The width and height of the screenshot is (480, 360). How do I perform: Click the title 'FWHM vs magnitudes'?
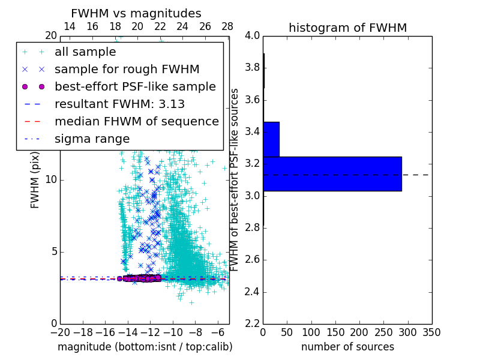[x=136, y=13]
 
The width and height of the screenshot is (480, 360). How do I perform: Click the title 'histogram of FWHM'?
[x=347, y=28]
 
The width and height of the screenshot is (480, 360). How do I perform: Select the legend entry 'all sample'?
[x=85, y=52]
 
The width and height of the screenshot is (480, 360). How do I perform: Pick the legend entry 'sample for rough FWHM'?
[x=127, y=69]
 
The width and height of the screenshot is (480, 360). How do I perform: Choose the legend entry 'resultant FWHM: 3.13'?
[x=119, y=104]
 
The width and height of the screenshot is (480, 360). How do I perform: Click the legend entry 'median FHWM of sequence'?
[x=136, y=121]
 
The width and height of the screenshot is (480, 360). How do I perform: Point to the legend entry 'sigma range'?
[x=92, y=139]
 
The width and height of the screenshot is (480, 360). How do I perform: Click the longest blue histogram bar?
[x=332, y=174]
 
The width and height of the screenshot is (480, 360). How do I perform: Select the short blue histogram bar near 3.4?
[x=271, y=139]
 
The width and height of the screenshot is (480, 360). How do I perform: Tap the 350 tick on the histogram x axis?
[x=431, y=332]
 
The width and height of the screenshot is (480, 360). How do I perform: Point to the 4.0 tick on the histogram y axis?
[x=253, y=35]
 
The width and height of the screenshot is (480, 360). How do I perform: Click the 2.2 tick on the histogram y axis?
[x=253, y=324]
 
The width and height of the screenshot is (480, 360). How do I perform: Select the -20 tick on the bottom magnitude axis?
[x=60, y=332]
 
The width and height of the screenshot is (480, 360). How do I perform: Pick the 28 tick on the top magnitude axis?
[x=227, y=27]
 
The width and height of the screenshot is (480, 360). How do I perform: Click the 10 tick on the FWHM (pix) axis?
[x=52, y=179]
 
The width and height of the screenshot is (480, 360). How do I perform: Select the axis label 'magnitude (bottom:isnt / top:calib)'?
[x=145, y=347]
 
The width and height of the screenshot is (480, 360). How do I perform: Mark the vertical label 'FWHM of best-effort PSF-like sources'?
[x=235, y=179]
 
